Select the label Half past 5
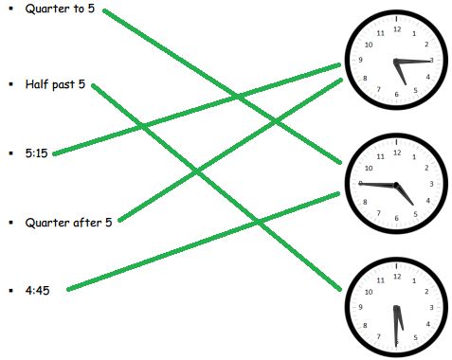tap(56, 84)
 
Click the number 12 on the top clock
tap(396, 29)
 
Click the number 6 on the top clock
tap(396, 95)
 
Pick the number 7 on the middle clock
tap(379, 212)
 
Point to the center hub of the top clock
tap(396, 62)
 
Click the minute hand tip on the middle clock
tap(360, 182)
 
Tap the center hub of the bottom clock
tap(396, 308)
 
